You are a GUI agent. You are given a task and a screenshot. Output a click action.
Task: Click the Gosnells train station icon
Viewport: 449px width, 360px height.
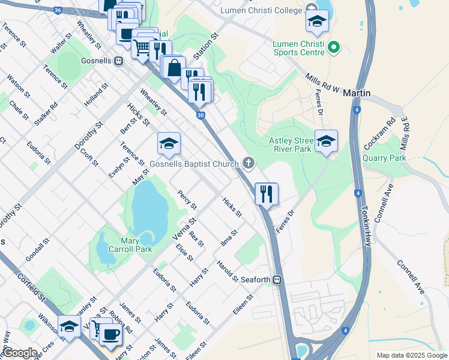coord(119,61)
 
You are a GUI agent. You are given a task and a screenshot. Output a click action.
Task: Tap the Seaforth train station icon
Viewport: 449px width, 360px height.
coord(277,280)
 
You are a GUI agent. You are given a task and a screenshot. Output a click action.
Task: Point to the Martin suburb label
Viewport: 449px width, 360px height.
coord(357,94)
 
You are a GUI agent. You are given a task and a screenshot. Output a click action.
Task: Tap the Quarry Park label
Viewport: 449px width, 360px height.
coord(384,158)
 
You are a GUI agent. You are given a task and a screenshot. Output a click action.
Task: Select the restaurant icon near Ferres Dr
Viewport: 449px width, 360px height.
coord(266,194)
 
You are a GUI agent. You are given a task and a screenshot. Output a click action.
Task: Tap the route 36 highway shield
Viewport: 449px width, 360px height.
coord(58,10)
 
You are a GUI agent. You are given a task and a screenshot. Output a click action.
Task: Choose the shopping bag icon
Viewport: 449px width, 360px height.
coord(173,68)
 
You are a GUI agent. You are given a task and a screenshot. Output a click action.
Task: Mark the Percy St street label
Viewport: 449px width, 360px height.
coord(187,200)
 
